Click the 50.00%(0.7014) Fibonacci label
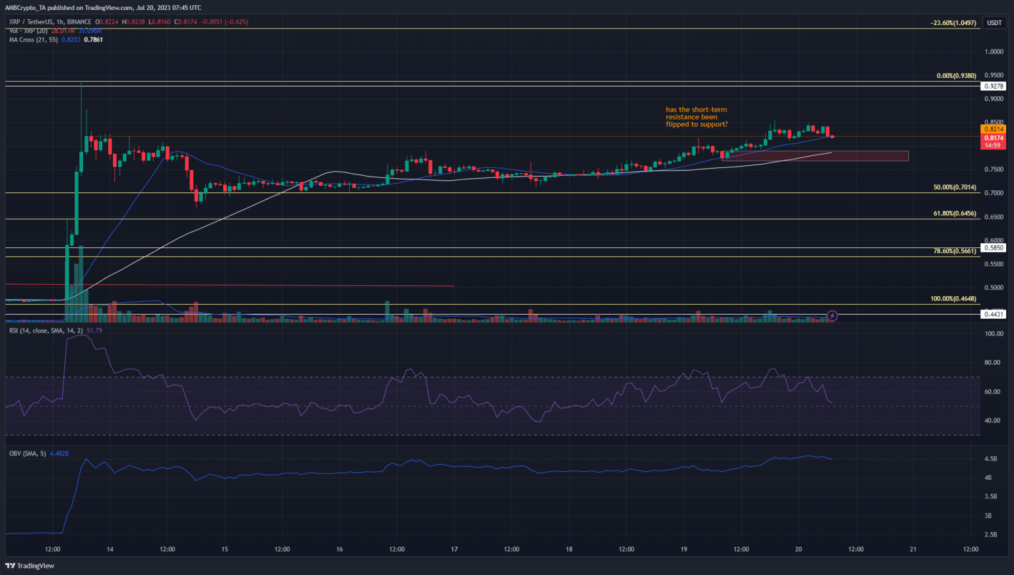[x=955, y=188]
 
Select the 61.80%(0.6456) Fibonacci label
[x=955, y=213]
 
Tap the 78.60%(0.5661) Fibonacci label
[x=955, y=251]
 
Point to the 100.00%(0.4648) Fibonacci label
[x=953, y=299]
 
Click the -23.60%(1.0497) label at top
[x=953, y=23]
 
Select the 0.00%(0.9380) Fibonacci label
[x=956, y=76]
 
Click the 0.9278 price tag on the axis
[x=994, y=87]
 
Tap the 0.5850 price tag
[x=994, y=248]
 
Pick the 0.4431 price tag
[x=994, y=314]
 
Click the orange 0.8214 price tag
[x=994, y=130]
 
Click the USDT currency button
[x=994, y=23]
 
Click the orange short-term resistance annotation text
[x=696, y=117]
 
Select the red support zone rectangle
[x=815, y=156]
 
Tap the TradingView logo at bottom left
[x=30, y=566]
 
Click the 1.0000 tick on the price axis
[x=994, y=52]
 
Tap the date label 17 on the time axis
[x=454, y=549]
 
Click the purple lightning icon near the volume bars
[x=832, y=316]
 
